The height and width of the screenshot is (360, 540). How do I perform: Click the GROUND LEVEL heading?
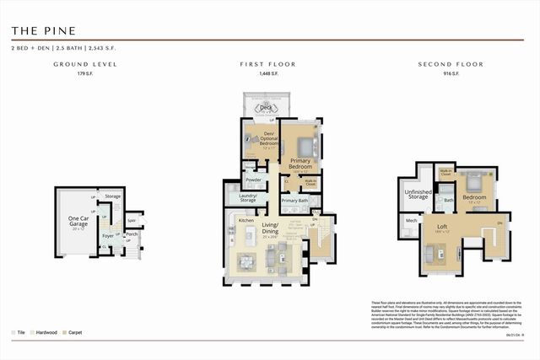click(x=85, y=64)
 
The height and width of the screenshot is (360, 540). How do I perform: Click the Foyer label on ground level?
click(x=108, y=236)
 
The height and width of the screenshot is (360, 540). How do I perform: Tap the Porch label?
click(x=132, y=234)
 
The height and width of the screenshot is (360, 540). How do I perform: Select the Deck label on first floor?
click(x=267, y=108)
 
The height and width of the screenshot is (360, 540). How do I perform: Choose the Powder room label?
click(x=252, y=180)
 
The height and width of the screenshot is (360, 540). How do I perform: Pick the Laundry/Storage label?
click(x=247, y=198)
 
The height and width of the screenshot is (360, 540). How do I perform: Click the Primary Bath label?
click(x=294, y=201)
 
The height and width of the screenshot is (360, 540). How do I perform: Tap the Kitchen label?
click(x=246, y=220)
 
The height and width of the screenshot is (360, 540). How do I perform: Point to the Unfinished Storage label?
click(x=418, y=195)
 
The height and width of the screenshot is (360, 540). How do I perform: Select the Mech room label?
click(x=412, y=221)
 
